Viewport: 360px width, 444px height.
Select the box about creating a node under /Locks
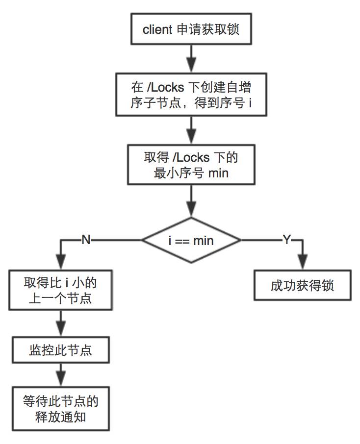pyautogui.click(x=191, y=94)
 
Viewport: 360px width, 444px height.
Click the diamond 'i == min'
pyautogui.click(x=191, y=240)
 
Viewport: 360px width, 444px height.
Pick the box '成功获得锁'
pyautogui.click(x=302, y=285)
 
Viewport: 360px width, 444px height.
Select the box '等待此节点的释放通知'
pyautogui.click(x=60, y=409)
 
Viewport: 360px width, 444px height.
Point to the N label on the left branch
pyautogui.click(x=86, y=240)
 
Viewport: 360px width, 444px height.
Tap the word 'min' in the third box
pyautogui.click(x=218, y=173)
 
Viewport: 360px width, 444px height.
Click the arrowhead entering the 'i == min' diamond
pyautogui.click(x=191, y=211)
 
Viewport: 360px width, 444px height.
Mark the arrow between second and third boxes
pyautogui.click(x=191, y=130)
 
